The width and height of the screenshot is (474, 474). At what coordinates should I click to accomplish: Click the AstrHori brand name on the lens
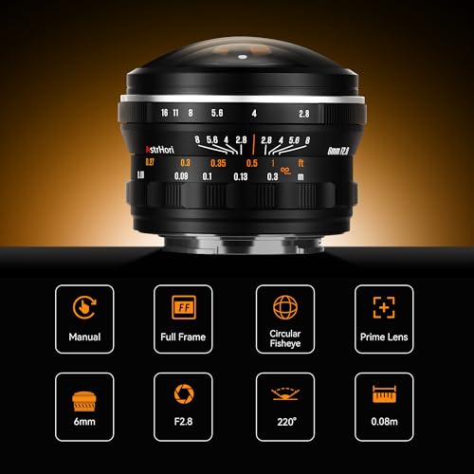159,149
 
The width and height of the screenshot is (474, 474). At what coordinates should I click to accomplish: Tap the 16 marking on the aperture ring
164,113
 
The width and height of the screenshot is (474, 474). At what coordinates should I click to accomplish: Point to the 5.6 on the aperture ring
217,113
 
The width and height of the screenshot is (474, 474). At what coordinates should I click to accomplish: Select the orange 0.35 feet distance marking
218,163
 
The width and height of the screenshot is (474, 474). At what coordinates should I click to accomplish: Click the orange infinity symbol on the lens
285,171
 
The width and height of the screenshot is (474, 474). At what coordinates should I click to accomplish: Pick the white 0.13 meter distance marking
241,176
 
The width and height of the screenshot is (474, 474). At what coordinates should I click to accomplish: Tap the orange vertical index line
253,144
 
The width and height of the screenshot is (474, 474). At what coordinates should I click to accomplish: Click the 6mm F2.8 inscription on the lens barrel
337,151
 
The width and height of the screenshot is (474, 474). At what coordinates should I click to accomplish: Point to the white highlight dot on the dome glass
243,57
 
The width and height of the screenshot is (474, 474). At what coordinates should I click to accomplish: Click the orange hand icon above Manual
84,307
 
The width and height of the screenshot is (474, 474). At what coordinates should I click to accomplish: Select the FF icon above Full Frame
184,307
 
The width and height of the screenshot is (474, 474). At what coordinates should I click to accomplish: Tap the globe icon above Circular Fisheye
285,307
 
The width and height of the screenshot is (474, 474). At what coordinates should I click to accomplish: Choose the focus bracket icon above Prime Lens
384,307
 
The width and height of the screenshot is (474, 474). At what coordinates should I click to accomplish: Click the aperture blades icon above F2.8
184,393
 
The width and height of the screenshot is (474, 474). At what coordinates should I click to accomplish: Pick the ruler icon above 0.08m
384,394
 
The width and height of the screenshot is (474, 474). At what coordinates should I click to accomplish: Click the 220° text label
286,422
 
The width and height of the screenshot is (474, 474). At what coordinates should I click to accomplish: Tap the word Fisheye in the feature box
285,343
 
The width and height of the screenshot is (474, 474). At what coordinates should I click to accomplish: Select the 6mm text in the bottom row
84,422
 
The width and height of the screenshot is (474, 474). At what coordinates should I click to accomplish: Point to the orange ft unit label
301,163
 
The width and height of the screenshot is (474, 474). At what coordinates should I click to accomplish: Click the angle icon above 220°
285,394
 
